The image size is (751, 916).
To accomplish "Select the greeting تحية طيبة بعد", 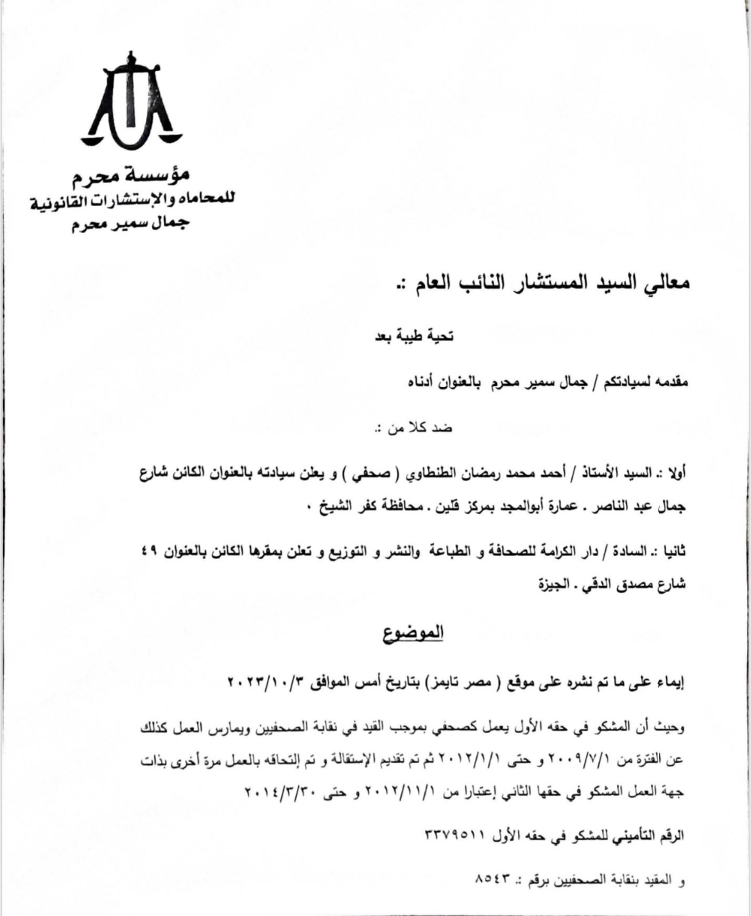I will [415, 336].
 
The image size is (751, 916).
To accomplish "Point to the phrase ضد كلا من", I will [413, 428].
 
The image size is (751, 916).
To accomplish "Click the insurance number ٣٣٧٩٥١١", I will [455, 836].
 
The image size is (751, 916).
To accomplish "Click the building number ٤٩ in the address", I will [150, 551].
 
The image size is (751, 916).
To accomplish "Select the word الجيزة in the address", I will [549, 585].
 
